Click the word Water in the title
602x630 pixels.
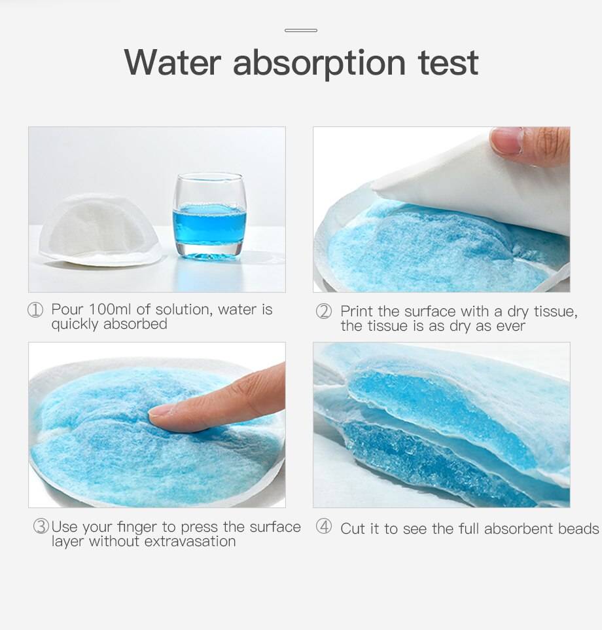tap(173, 62)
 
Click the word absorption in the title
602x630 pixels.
tap(319, 64)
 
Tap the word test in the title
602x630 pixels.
tap(448, 63)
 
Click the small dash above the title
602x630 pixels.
tap(301, 30)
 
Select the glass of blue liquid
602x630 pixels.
tap(209, 215)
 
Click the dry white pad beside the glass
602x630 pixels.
tap(100, 230)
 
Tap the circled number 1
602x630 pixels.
tap(35, 310)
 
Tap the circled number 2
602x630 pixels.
tap(323, 311)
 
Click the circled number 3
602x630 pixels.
tap(41, 527)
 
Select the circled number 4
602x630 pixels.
tap(323, 527)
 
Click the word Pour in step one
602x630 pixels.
tap(67, 309)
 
